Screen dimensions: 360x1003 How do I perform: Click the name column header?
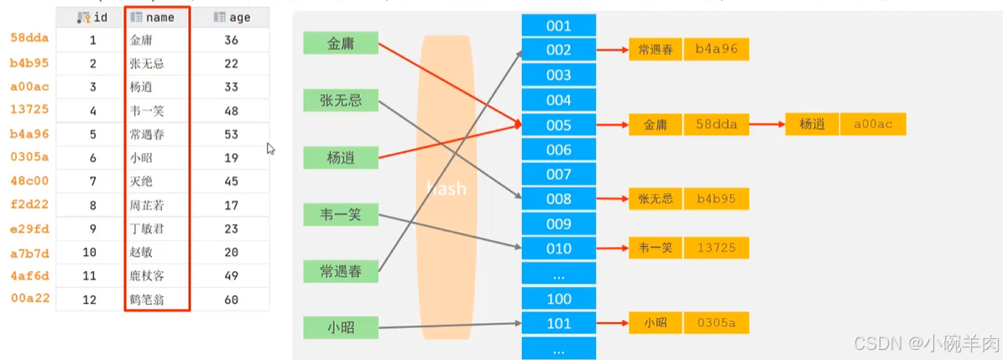156,18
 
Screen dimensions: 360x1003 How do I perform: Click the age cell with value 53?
232,134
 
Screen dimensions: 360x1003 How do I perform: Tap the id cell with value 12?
92,300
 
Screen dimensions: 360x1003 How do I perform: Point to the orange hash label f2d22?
29,204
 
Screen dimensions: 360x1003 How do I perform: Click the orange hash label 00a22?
29,299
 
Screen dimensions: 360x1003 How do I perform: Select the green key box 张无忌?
341,101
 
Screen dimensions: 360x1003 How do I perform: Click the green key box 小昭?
341,326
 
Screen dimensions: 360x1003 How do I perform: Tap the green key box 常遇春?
341,271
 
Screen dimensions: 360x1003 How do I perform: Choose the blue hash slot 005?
558,126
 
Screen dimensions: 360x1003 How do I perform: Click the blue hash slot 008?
558,199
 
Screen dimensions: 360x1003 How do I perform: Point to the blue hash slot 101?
558,323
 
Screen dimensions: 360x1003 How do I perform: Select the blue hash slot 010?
558,248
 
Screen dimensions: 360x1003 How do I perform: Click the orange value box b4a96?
716,50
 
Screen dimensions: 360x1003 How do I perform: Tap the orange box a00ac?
873,124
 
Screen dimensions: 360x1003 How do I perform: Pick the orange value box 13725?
716,248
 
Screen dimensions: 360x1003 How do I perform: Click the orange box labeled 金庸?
655,125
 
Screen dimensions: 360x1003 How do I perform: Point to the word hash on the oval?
446,189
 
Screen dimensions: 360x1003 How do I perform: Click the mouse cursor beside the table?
270,149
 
